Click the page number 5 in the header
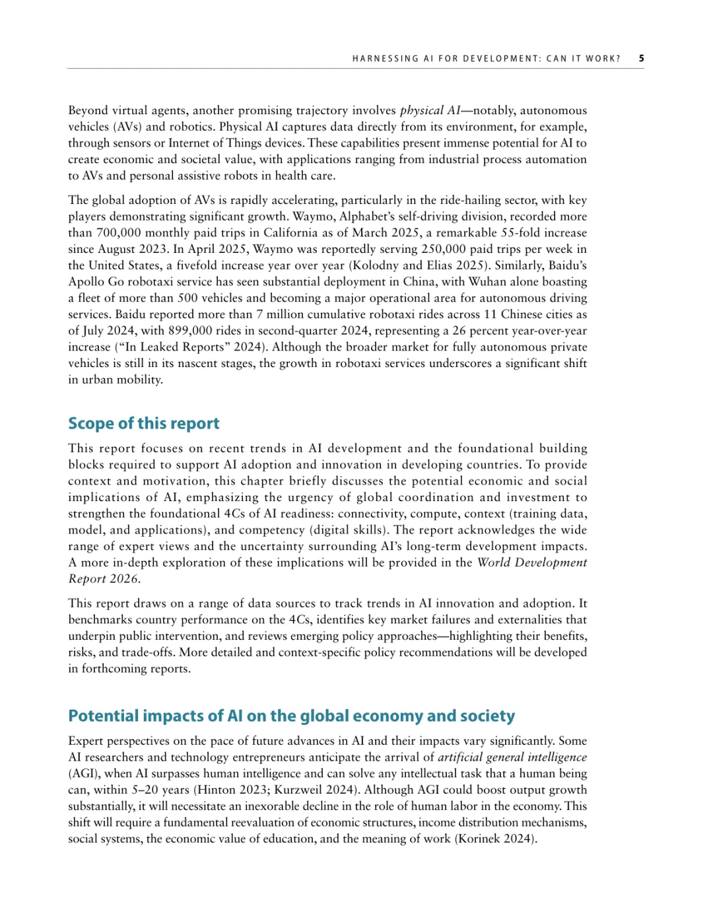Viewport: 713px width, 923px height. [641, 58]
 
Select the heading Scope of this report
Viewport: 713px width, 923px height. [144, 423]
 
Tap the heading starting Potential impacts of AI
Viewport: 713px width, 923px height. [291, 716]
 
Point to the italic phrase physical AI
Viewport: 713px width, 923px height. [430, 110]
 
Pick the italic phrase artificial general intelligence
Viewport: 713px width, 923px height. [512, 757]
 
